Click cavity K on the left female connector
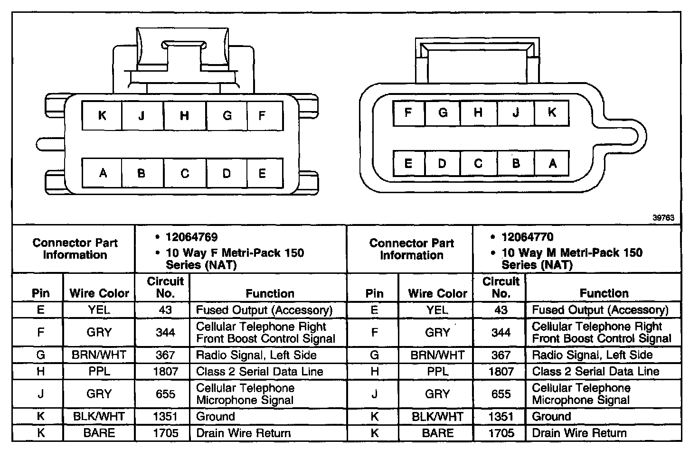[102, 115]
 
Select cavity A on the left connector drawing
[103, 173]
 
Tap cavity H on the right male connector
[478, 112]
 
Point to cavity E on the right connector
[408, 163]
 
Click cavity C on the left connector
[185, 173]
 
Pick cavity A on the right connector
[552, 163]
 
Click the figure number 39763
[663, 218]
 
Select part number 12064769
[191, 237]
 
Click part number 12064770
[527, 237]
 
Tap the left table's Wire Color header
[99, 293]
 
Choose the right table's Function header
[604, 293]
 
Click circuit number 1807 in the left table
[165, 372]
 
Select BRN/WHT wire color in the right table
[437, 355]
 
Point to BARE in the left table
[99, 433]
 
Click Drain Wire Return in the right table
[579, 433]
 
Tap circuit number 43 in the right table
[501, 310]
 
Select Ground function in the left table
[216, 417]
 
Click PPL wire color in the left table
[99, 372]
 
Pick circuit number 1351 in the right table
[501, 417]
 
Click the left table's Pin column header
[41, 293]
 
